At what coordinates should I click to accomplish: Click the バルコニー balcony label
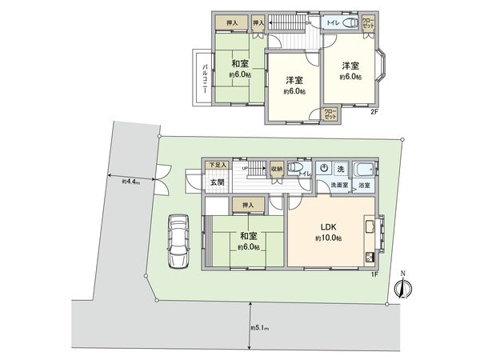(204, 78)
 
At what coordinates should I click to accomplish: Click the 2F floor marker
(373, 112)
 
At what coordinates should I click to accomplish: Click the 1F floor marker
(374, 274)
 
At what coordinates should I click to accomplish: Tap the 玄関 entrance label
(217, 183)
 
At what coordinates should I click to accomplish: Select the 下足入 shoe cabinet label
(216, 165)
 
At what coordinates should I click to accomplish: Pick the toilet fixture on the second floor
(347, 23)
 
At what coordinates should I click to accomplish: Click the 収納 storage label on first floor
(275, 168)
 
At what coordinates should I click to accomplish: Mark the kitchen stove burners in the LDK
(370, 258)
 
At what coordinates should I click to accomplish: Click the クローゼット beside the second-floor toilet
(369, 22)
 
